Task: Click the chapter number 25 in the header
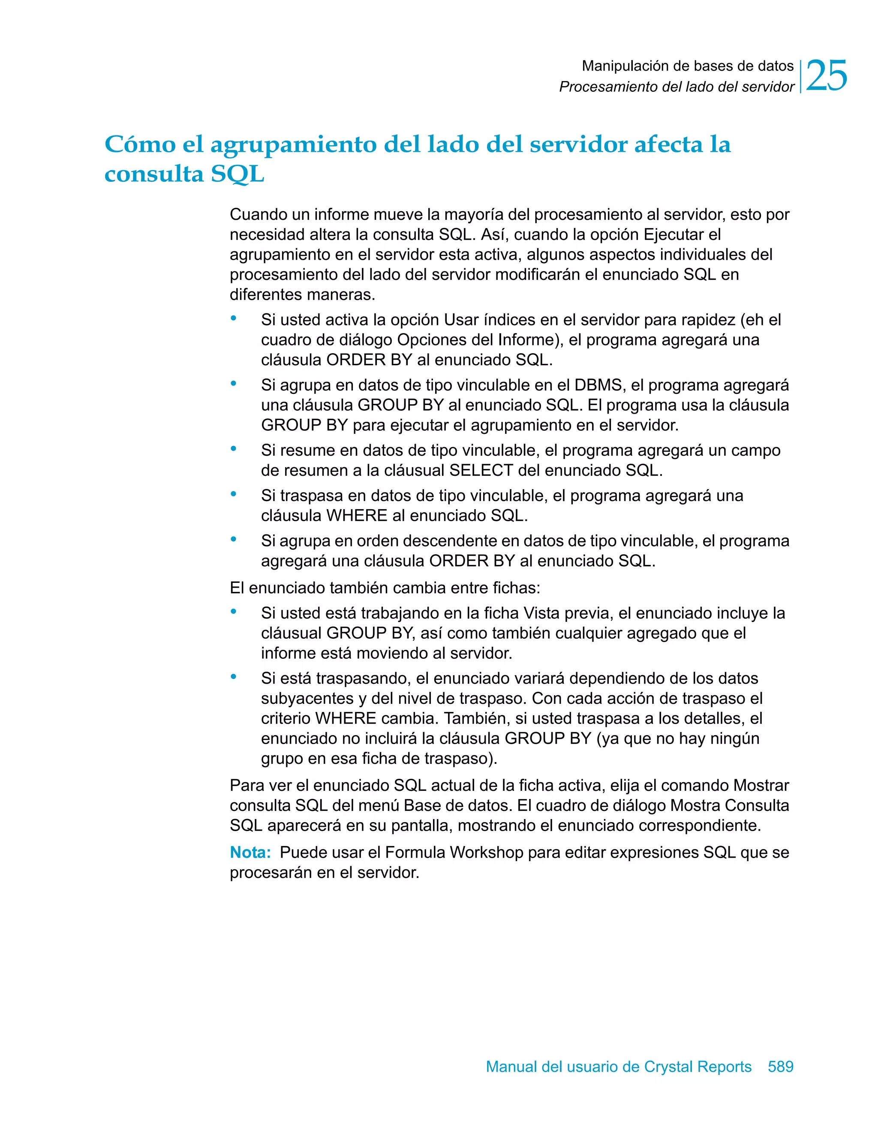click(x=826, y=76)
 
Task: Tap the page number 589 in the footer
click(x=780, y=1066)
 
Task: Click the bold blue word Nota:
click(x=250, y=853)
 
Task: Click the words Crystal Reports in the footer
click(x=698, y=1066)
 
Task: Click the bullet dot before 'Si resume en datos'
click(x=234, y=449)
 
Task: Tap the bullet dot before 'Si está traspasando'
click(x=234, y=677)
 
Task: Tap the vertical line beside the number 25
click(x=800, y=76)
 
